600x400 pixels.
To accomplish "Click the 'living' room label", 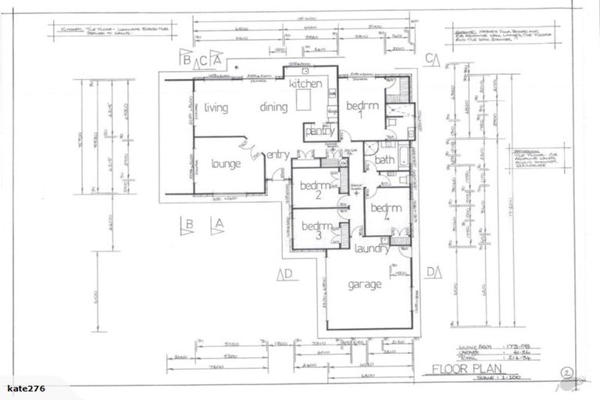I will pos(216,108).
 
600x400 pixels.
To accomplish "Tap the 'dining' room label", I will pos(274,108).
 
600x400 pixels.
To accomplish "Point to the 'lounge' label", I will pos(226,164).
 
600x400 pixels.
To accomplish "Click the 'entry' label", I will pos(278,155).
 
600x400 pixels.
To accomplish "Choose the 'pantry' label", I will pos(320,131).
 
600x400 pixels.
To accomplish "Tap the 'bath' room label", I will pos(384,160).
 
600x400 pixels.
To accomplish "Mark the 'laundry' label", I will pos(371,248).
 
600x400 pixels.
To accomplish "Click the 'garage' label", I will pos(365,284).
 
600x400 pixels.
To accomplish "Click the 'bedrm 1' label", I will pos(362,110).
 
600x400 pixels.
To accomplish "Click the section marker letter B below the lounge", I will pos(189,225).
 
